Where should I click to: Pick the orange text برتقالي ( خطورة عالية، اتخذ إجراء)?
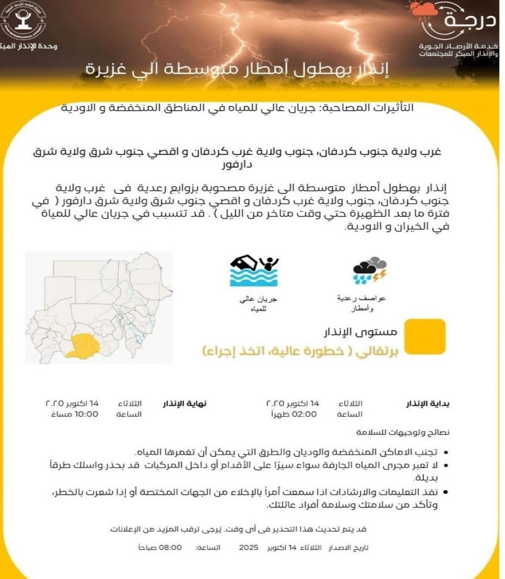point(301,351)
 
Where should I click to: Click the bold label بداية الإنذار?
point(429,404)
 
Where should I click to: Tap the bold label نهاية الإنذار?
point(185,404)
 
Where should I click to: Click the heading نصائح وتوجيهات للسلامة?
point(404,432)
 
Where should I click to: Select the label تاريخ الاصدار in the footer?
point(348,548)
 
